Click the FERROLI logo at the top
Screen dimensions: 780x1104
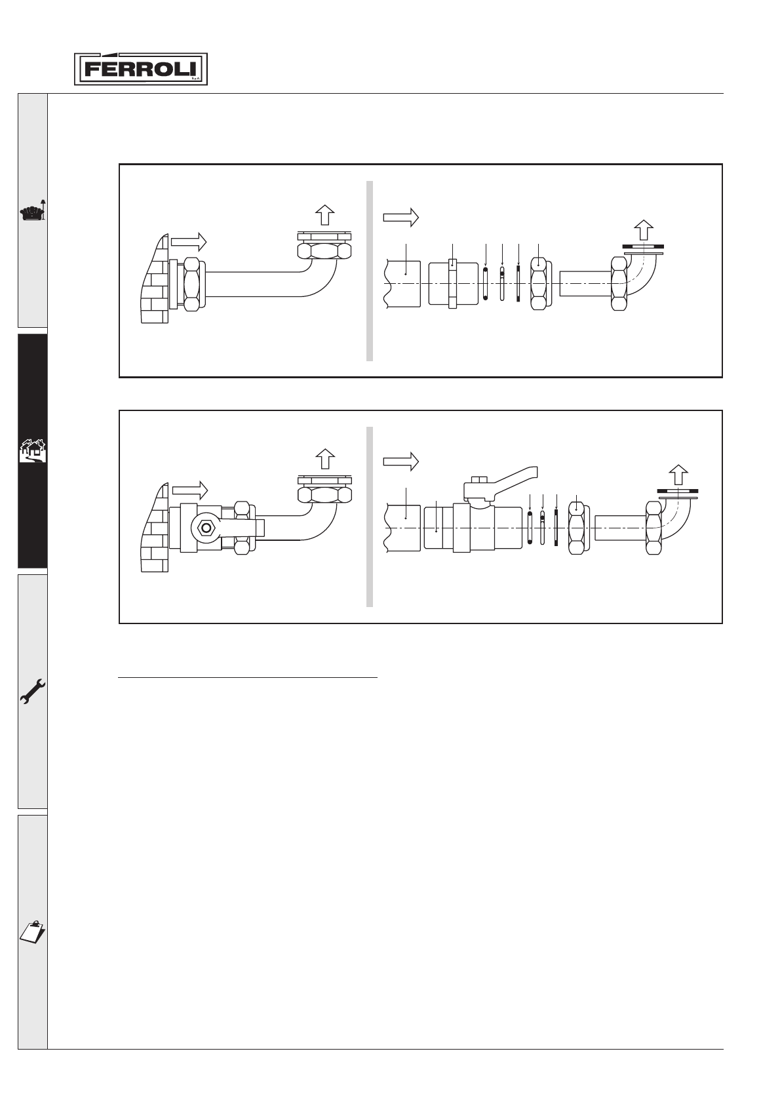pyautogui.click(x=140, y=69)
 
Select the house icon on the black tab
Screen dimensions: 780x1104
pyautogui.click(x=32, y=451)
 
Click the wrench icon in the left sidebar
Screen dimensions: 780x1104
pyautogui.click(x=32, y=690)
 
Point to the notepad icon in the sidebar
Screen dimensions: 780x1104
pyautogui.click(x=32, y=930)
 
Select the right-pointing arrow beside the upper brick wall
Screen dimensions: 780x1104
pyautogui.click(x=189, y=242)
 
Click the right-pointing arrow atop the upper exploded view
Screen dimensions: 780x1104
pyautogui.click(x=400, y=217)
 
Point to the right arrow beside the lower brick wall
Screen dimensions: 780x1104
pyautogui.click(x=189, y=490)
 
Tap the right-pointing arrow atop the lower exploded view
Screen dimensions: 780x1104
pyautogui.click(x=400, y=462)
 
